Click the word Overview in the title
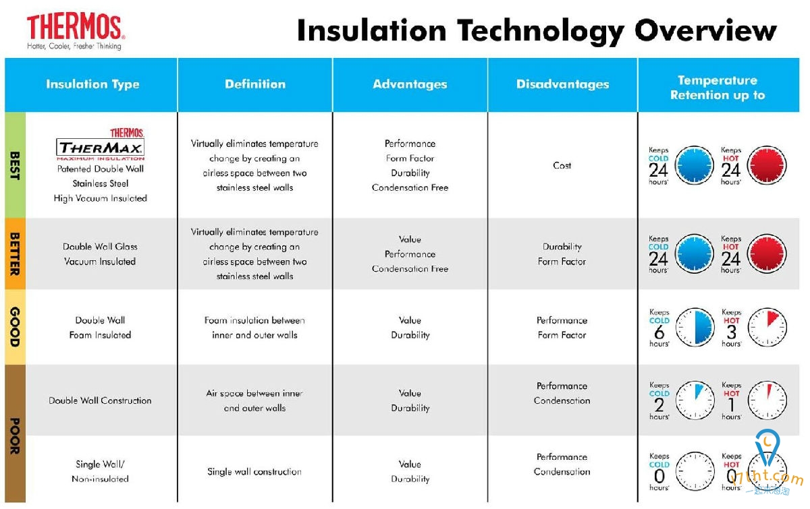tap(705, 31)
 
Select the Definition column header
tap(255, 84)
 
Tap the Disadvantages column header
tap(563, 84)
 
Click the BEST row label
tap(15, 165)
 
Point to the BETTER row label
tap(15, 253)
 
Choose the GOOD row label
tap(15, 327)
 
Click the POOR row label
tap(15, 436)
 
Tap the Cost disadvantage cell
tap(562, 165)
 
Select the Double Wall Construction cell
tap(100, 400)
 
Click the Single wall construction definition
tap(254, 471)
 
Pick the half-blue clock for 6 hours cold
tap(695, 327)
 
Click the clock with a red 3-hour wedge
tap(767, 327)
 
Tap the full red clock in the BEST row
tap(767, 165)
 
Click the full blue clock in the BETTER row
tap(695, 253)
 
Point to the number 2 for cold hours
tap(659, 405)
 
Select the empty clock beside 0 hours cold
tap(695, 471)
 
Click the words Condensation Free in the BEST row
tap(410, 187)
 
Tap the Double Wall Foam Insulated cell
tap(100, 328)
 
